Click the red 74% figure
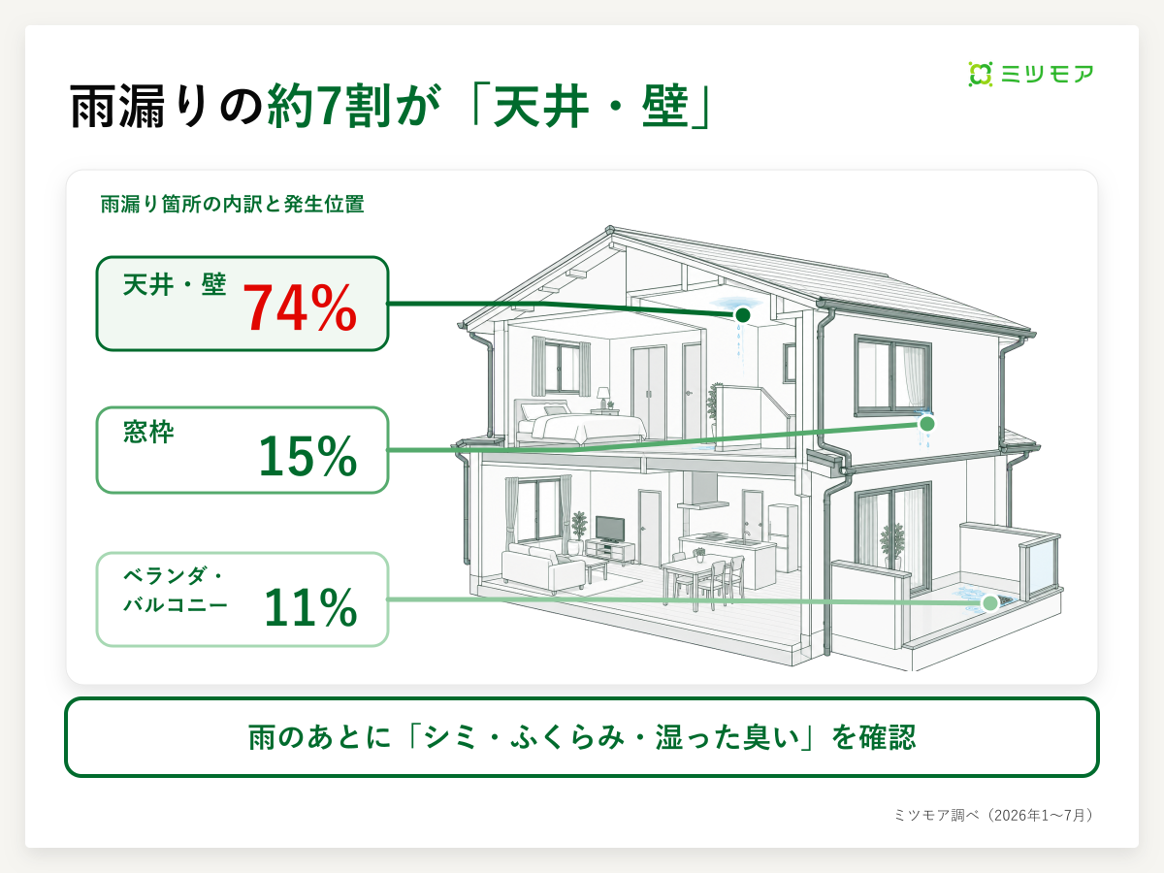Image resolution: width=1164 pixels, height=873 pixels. [x=300, y=307]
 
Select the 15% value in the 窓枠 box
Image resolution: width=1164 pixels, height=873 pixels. [x=307, y=456]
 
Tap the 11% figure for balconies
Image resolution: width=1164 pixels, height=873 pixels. [x=310, y=607]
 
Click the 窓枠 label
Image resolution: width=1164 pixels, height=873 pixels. [x=148, y=432]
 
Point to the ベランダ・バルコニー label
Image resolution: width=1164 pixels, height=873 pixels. [x=175, y=590]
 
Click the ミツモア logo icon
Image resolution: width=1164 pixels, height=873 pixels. [x=980, y=74]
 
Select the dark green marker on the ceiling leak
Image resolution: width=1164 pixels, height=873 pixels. [x=742, y=315]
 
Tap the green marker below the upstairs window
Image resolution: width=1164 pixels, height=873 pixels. [x=927, y=424]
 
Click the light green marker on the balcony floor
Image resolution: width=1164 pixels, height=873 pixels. [x=990, y=603]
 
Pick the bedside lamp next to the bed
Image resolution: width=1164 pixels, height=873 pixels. [x=603, y=398]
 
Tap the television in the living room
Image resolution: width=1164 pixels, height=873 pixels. [x=610, y=529]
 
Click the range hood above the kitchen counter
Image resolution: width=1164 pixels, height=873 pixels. [x=702, y=490]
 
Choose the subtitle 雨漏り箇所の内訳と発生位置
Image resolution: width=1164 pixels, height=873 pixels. [x=232, y=204]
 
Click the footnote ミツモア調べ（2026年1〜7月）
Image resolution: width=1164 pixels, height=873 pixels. [x=993, y=815]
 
